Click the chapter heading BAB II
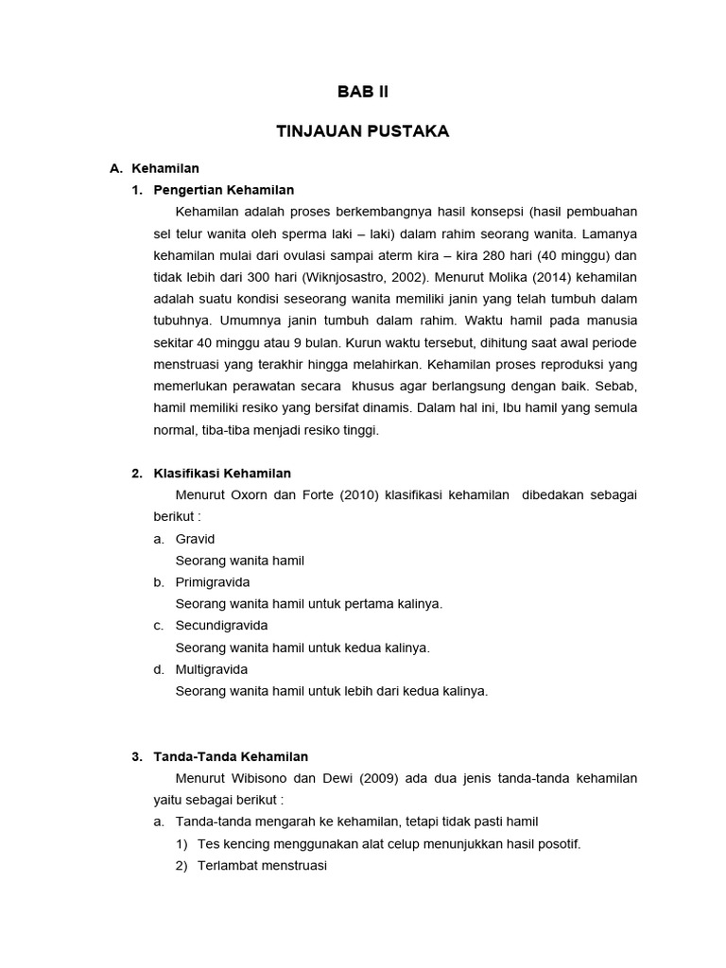(x=363, y=92)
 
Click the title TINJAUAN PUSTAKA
(x=363, y=131)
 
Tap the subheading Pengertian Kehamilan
(x=214, y=190)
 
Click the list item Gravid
(x=195, y=539)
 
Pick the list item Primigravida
(x=213, y=582)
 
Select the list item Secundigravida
(x=221, y=626)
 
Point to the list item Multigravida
(x=212, y=669)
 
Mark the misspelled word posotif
(x=557, y=844)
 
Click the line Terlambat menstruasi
(x=262, y=866)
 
